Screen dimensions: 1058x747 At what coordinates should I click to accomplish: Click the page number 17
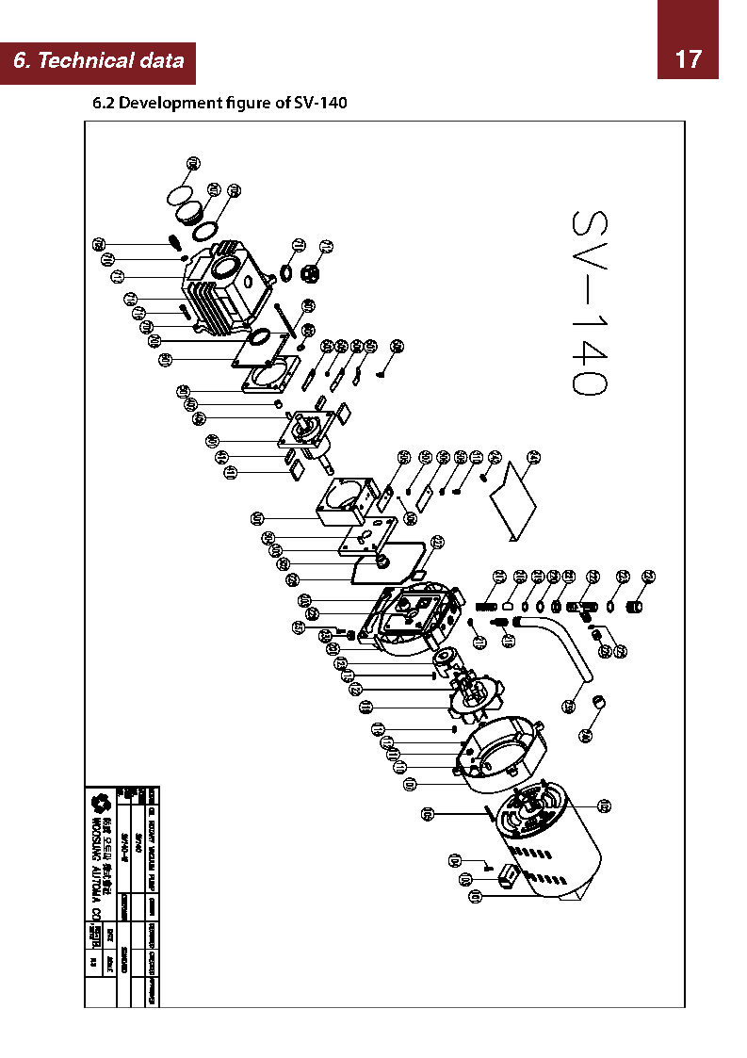pos(688,59)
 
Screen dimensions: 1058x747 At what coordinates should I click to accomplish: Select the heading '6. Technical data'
pos(99,62)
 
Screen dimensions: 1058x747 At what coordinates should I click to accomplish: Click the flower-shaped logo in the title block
pos(97,804)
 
